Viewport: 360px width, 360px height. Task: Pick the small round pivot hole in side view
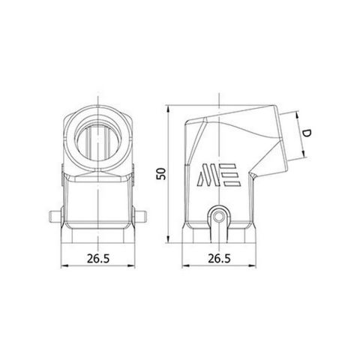[x=219, y=218]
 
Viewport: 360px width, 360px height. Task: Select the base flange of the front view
[x=97, y=234]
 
